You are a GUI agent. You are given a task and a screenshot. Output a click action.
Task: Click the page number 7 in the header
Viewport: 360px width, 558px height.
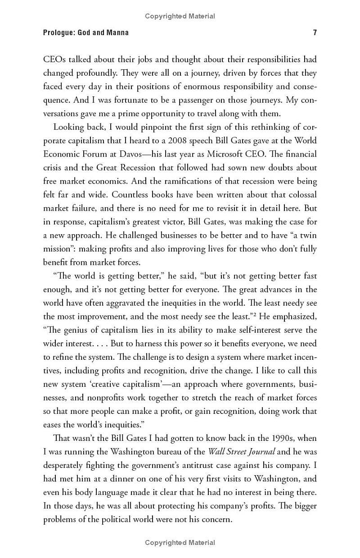315,32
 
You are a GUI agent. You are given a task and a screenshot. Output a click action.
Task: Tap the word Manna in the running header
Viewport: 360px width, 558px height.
117,32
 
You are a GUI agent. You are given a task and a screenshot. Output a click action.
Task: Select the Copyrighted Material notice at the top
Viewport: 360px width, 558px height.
180,16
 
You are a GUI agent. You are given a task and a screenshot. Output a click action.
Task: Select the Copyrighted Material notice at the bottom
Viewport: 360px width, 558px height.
180,542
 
